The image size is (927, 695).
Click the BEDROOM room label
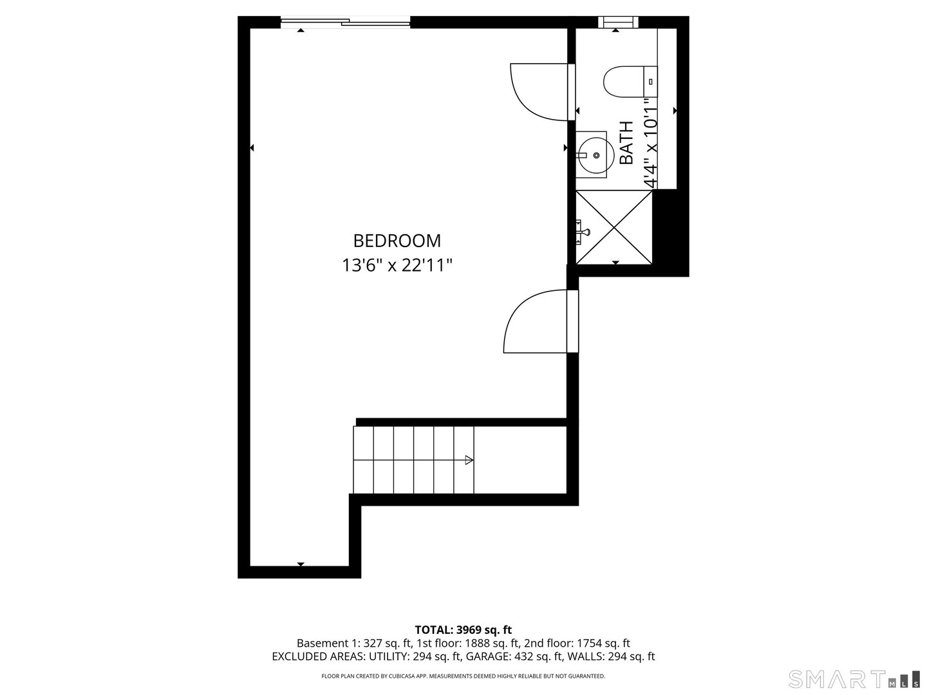(x=397, y=241)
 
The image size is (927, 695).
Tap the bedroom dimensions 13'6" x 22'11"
(x=397, y=265)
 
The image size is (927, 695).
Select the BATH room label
(x=626, y=143)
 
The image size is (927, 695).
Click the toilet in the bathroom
(x=628, y=81)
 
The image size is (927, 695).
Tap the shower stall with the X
(x=614, y=227)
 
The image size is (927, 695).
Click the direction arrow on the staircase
(x=469, y=460)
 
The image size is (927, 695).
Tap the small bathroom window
(x=617, y=23)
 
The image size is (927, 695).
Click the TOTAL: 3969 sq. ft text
(x=463, y=629)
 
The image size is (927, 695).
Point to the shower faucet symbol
(x=583, y=228)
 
